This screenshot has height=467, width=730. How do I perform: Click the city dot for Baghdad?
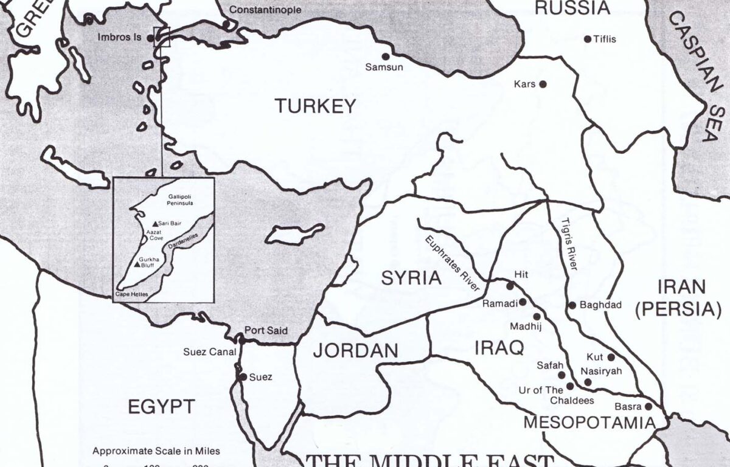pyautogui.click(x=572, y=305)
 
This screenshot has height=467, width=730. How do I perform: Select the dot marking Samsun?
pyautogui.click(x=385, y=57)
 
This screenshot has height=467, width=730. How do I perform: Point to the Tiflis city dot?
pyautogui.click(x=588, y=39)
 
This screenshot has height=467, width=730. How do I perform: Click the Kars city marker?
pyautogui.click(x=543, y=84)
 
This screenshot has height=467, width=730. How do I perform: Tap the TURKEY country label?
pyautogui.click(x=315, y=106)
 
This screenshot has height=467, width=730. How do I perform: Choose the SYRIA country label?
pyautogui.click(x=411, y=278)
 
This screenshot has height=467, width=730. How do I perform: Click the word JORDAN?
pyautogui.click(x=355, y=350)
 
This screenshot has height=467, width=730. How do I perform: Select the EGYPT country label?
pyautogui.click(x=161, y=406)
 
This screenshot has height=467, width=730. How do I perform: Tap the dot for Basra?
pyautogui.click(x=648, y=406)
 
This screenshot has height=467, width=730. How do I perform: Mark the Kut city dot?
pyautogui.click(x=611, y=358)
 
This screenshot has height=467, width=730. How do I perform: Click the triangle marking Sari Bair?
pyautogui.click(x=156, y=223)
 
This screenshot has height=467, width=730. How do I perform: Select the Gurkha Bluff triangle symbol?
pyautogui.click(x=137, y=265)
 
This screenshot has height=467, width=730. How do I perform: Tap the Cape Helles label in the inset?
pyautogui.click(x=131, y=294)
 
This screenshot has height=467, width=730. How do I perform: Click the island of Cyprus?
pyautogui.click(x=294, y=233)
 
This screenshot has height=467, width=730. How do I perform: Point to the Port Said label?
pyautogui.click(x=265, y=331)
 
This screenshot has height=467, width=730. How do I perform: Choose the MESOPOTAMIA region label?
pyautogui.click(x=589, y=423)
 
